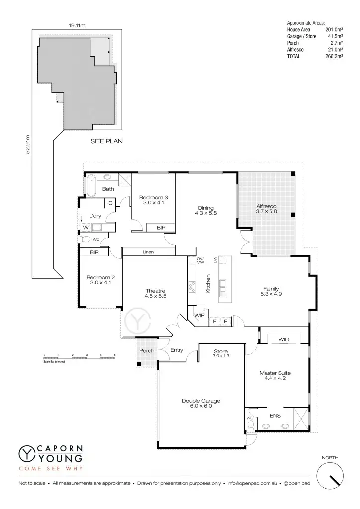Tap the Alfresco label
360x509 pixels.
coord(266,208)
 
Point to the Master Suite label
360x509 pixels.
coord(274,375)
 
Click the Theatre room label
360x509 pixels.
coord(155,293)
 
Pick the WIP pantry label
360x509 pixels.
coord(200,315)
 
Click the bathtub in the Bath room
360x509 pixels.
coord(91,185)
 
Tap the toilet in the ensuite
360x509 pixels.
coord(250,425)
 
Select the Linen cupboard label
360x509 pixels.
coord(148,252)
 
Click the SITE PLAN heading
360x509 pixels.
coord(106,141)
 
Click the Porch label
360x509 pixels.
coord(146,351)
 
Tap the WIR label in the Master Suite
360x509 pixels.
coord(284,339)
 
